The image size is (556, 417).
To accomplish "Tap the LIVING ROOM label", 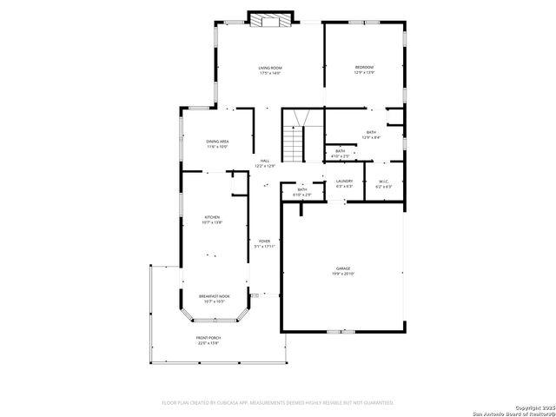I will coord(269,68).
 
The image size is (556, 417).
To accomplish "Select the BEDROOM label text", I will coord(364,68).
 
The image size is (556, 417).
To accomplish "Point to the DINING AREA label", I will coord(217,142).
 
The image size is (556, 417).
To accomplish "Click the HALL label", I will coord(264,161).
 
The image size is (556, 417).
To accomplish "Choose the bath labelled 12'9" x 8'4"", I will coord(371,132).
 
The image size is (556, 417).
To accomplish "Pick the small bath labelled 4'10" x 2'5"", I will coord(341,152).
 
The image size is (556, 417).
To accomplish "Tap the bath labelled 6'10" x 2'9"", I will coord(302,189).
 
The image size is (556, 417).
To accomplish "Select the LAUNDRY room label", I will coord(344,181).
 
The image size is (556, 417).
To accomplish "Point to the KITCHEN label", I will coord(212,217).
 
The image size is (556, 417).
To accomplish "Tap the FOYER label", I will coord(264,242).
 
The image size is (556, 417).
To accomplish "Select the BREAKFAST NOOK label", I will coord(214,296).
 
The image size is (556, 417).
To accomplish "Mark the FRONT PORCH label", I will coord(208,338).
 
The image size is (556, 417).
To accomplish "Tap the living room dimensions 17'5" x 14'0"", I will coord(269,73).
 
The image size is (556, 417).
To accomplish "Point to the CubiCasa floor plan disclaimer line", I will coord(278,402).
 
